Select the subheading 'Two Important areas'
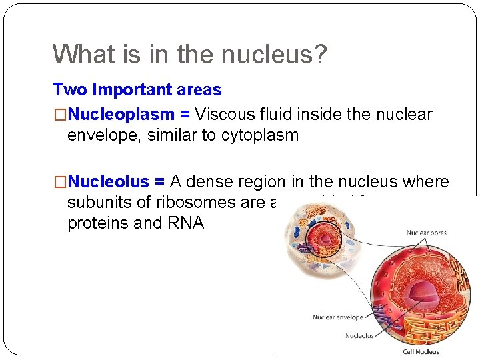[x=137, y=89]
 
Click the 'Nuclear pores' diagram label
[x=427, y=233]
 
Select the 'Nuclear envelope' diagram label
[x=338, y=317]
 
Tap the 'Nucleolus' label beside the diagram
[x=359, y=336]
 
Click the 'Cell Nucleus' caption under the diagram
[x=421, y=351]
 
